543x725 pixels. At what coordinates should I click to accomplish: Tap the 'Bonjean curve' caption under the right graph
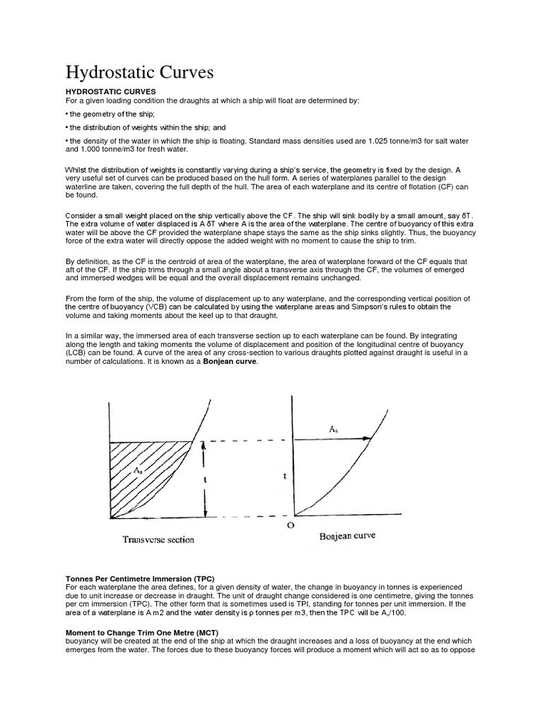click(347, 536)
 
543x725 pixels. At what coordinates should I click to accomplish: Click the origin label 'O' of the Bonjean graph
click(289, 526)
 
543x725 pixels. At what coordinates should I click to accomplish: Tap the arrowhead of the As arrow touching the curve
click(368, 439)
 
